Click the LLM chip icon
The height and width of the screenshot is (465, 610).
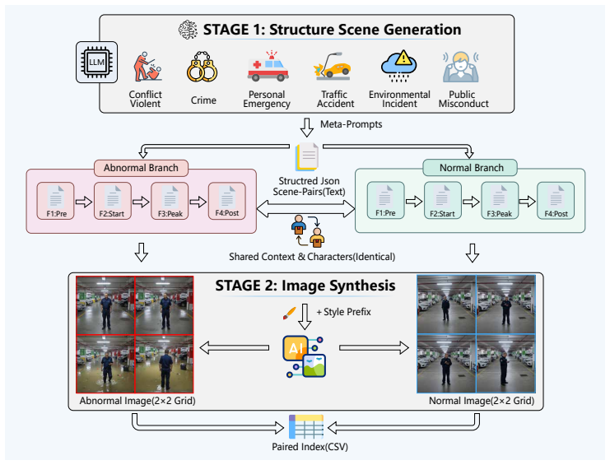coord(96,63)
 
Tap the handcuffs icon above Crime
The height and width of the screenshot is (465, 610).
coord(202,67)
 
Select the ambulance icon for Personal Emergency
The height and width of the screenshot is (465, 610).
coord(268,66)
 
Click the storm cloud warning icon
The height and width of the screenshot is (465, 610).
coord(398,66)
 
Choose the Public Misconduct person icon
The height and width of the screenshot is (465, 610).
coord(461,67)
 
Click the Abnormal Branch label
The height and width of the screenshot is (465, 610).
coord(142,168)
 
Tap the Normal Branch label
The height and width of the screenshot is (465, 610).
coord(470,168)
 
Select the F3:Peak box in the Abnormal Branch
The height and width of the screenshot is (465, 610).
coord(170,201)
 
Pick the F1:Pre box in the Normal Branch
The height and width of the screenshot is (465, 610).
coord(385,200)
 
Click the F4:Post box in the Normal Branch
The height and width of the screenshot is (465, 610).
coord(556,201)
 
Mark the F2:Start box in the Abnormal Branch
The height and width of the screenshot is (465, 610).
coord(113,201)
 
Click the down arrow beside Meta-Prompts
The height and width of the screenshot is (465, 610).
coord(307,128)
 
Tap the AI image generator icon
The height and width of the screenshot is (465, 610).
coord(305,356)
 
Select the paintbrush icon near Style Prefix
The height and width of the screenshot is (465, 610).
coord(289,313)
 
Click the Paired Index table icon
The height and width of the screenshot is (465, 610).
coord(306,426)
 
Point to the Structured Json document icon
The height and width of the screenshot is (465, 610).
coord(307,156)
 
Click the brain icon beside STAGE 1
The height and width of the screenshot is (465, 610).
coord(188,30)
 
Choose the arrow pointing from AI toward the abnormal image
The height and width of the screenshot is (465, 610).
coord(234,347)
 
